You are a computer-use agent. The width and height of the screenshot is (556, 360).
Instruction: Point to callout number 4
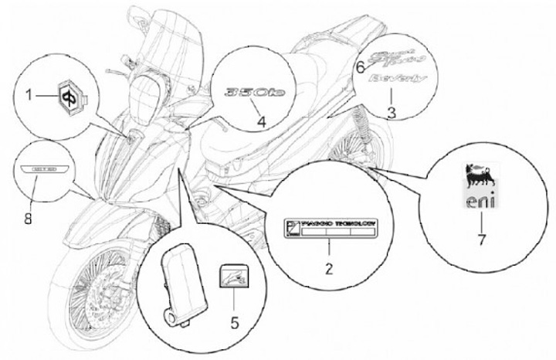(x=261, y=121)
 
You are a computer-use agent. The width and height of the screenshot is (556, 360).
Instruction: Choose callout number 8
(x=29, y=219)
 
